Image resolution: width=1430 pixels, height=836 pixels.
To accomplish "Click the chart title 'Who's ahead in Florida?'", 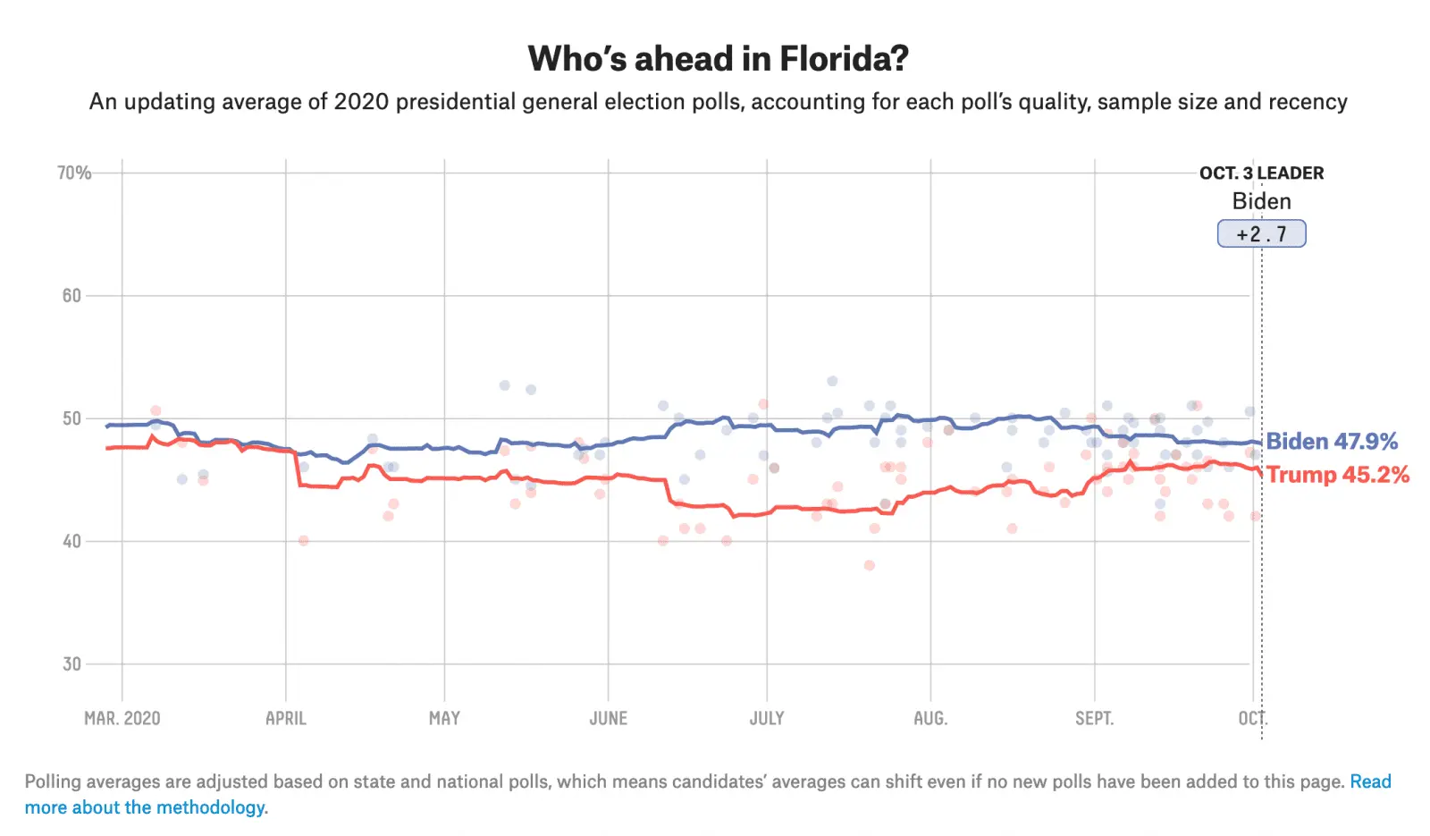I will click(718, 59).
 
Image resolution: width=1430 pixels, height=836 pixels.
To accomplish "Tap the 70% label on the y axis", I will click(74, 173).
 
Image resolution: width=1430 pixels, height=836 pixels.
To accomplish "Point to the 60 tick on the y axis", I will click(71, 296).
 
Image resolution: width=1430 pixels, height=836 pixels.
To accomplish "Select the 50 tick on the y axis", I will click(71, 418).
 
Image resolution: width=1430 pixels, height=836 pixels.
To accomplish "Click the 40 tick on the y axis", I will click(71, 541).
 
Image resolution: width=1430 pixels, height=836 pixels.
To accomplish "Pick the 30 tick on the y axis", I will click(71, 664).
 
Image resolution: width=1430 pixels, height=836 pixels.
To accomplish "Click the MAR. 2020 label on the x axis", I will click(122, 718).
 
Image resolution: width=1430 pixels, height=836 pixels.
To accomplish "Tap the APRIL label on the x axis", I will click(286, 718).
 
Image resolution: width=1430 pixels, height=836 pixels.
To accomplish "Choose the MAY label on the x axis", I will click(444, 718).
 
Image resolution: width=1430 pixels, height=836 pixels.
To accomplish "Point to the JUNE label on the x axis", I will click(608, 718).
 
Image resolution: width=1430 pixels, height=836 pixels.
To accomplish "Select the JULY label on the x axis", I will click(767, 718).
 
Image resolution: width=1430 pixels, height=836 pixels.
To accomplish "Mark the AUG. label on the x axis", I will click(930, 718).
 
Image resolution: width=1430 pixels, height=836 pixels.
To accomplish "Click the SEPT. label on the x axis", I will click(1094, 718).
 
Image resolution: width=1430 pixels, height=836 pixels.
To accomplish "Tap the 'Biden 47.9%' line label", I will click(1332, 442).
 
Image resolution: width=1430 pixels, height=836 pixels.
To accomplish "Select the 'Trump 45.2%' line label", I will click(1337, 475).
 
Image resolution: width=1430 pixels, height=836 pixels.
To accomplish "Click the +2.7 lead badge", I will click(1261, 234).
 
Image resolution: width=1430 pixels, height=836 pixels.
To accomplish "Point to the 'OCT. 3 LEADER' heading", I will click(1261, 173).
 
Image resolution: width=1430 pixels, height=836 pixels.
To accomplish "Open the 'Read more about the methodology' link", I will click(145, 807).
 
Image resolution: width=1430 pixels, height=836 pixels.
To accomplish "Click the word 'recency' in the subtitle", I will click(1306, 102).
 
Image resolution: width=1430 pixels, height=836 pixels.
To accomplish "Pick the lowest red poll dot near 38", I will click(869, 565).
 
